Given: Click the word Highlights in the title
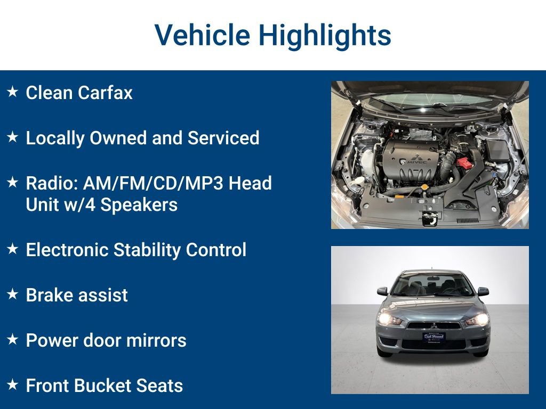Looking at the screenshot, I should tap(325, 36).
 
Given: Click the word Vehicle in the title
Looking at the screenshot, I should tap(202, 36).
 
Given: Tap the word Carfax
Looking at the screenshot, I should tap(105, 93).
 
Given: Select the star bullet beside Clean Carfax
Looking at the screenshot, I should tap(13, 92).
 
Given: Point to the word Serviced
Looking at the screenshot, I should tap(223, 138).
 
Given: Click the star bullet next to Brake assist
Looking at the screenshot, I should tap(13, 294).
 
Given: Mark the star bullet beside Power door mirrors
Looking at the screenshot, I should tap(13, 339).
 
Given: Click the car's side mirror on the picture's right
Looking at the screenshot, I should tap(483, 291).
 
